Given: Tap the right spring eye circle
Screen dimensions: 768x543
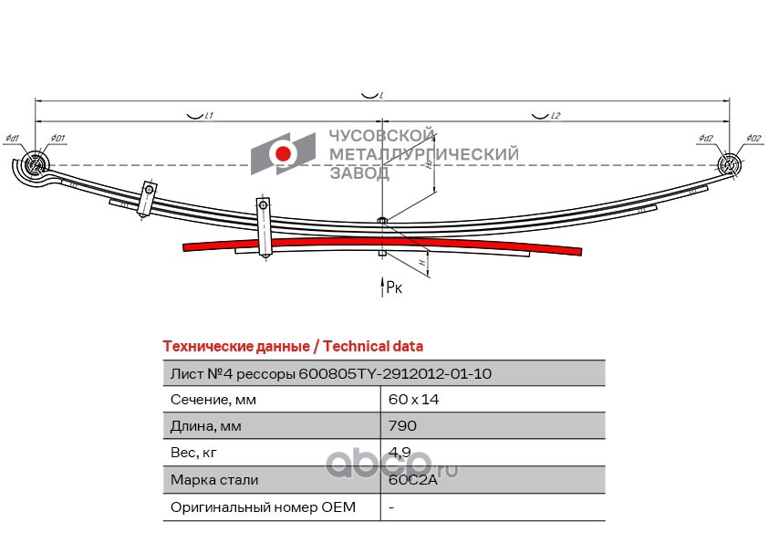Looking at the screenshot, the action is point(729,164).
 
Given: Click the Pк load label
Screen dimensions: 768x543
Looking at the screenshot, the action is point(393,287).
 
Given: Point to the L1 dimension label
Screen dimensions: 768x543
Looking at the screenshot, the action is point(208,116).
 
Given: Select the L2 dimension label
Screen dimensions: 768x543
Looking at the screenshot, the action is point(555,116).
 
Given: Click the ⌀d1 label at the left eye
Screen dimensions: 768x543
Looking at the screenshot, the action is point(12,139).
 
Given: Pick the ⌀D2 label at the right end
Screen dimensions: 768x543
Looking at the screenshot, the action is point(752,139).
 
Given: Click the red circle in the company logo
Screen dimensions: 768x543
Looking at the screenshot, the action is point(284,153).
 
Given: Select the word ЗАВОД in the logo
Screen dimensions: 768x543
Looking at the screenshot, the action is point(358,172).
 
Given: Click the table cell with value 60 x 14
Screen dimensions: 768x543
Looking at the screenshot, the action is point(407,400).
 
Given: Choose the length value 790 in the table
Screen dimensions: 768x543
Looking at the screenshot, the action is point(401,426).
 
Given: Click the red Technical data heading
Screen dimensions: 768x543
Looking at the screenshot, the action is point(293,346).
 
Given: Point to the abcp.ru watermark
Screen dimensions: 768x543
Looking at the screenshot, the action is point(392,466).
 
